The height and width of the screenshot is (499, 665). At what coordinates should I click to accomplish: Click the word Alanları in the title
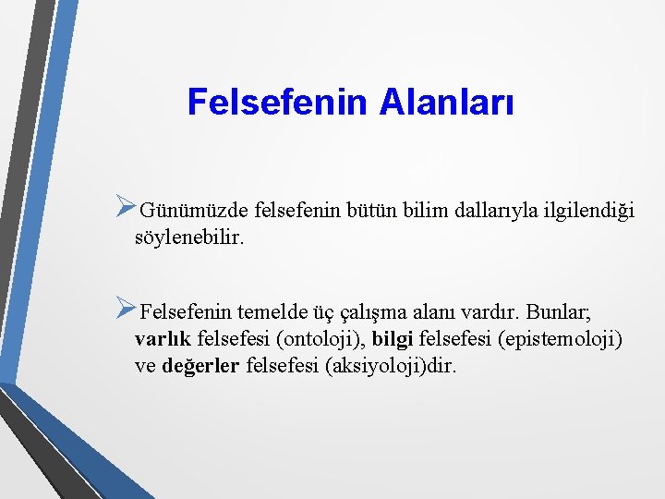[446, 103]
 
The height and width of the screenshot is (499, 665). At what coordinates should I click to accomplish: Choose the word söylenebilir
[189, 237]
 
